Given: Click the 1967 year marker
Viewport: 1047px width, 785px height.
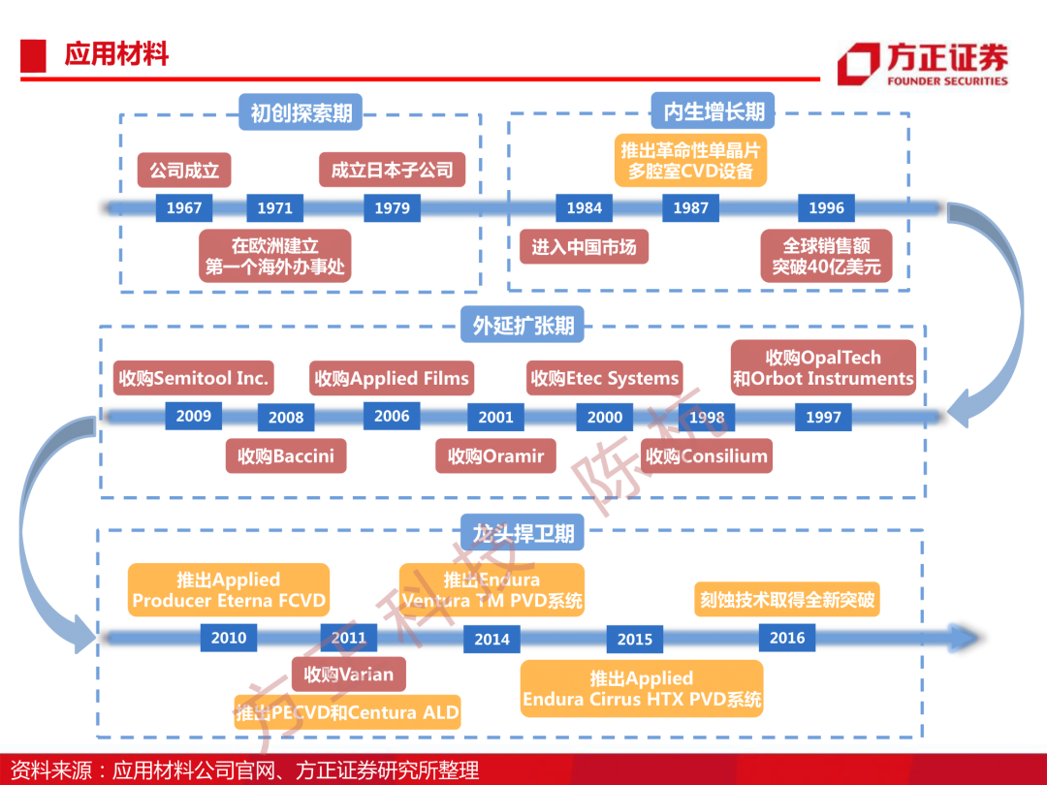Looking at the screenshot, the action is point(183,207).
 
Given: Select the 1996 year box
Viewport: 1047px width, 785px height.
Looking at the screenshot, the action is point(826,207).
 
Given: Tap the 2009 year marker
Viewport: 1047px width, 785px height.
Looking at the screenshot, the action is point(194,416).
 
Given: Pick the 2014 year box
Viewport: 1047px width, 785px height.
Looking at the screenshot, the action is point(492,639).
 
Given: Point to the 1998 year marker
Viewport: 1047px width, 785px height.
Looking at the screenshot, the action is point(707,417).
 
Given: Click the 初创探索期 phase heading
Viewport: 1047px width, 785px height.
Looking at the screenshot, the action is point(301,112).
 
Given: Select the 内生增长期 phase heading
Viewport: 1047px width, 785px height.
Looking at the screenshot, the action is point(714,110).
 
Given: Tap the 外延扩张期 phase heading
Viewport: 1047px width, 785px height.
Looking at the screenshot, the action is point(523,325).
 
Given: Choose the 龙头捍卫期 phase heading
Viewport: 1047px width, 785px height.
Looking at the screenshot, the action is point(523,533).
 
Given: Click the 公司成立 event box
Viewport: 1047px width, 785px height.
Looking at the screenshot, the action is point(184,171).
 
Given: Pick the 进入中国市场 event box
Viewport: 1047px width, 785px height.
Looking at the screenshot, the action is point(585,247).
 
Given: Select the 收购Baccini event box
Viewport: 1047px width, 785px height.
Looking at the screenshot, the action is point(286,455).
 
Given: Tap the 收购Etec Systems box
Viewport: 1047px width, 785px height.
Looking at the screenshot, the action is point(604,378).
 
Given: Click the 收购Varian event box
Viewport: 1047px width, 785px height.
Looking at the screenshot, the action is point(349,675).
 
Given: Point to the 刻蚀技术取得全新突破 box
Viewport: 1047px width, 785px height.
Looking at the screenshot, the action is point(787,600).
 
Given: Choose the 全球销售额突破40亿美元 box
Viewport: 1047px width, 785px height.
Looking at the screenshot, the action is point(827,256).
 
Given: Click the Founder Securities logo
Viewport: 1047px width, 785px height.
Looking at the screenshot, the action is point(923,64).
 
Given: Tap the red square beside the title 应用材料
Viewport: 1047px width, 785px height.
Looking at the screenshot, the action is point(33,55).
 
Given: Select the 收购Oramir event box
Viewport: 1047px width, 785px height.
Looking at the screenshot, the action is point(496,455).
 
